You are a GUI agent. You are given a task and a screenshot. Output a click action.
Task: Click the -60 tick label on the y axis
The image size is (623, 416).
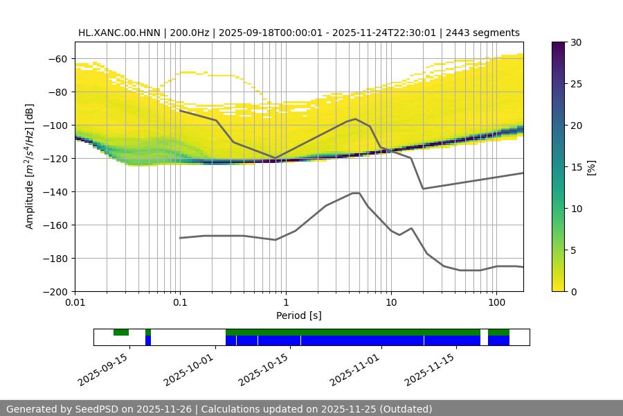(x=58, y=59)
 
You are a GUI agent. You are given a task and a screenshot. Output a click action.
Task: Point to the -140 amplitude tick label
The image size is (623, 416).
(x=55, y=192)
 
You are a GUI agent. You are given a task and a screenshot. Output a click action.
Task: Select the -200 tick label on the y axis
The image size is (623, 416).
(x=55, y=292)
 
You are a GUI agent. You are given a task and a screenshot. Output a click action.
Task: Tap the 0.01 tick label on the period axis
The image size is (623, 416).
(x=75, y=302)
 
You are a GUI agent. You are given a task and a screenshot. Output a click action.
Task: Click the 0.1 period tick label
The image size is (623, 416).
(x=180, y=302)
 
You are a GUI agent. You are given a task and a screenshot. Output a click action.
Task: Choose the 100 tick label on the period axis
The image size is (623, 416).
(x=496, y=302)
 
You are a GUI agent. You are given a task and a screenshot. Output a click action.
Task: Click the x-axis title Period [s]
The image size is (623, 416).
(x=299, y=315)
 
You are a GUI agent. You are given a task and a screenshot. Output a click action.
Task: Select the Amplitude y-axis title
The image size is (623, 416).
(x=29, y=166)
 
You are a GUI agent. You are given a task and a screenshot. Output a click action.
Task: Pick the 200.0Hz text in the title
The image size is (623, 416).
(x=186, y=33)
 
